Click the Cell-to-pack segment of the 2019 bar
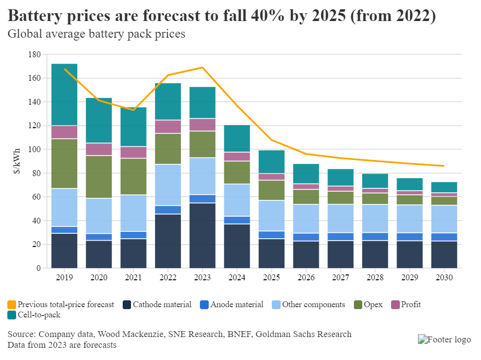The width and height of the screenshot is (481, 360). (x=65, y=94)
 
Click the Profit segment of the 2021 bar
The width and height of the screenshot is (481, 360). (x=133, y=152)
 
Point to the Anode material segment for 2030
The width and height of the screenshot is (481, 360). (x=444, y=237)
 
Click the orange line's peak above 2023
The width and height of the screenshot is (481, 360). (x=203, y=67)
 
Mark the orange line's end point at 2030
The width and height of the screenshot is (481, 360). (x=444, y=166)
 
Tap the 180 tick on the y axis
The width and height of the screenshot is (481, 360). (x=34, y=54)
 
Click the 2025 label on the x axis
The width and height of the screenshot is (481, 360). (x=272, y=277)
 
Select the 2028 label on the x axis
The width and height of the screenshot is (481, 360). (x=375, y=277)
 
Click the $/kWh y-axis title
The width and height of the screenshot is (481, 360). (x=19, y=161)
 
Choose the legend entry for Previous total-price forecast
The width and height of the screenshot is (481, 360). (x=61, y=305)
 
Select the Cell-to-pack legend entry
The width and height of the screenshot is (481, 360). (x=34, y=315)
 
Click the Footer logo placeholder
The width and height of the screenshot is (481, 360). (x=444, y=339)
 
